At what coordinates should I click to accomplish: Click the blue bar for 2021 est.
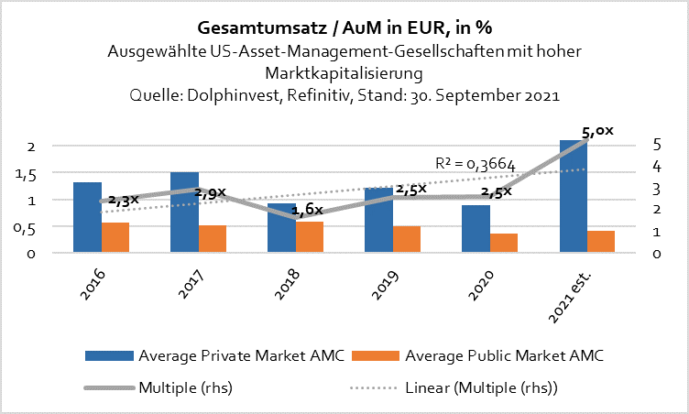point(574,197)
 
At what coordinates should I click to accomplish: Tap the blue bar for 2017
point(185,212)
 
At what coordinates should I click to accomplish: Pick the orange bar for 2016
point(115,237)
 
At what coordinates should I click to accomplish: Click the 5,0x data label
point(596,132)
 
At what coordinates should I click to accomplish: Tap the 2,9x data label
point(211,194)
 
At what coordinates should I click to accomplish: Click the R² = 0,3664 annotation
point(476,165)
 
